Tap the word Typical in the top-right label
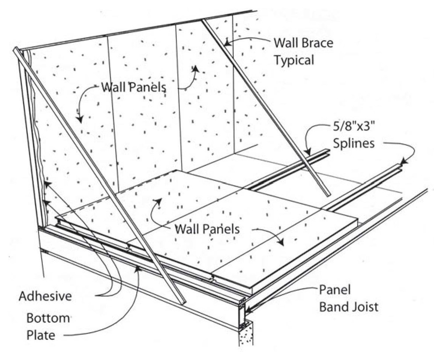(x=294, y=60)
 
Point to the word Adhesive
(x=45, y=296)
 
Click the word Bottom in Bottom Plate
(x=48, y=318)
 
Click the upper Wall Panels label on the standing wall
(x=133, y=86)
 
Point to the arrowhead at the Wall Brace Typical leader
(x=226, y=42)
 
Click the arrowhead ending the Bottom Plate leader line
(x=139, y=268)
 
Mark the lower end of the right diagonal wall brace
(x=327, y=194)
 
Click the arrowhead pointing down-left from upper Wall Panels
(x=79, y=120)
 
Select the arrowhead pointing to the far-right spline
(x=404, y=163)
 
